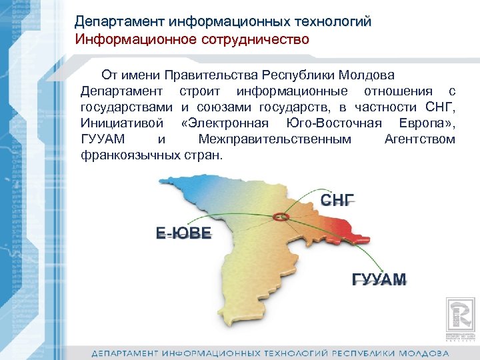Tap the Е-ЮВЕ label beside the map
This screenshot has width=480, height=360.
coord(183,233)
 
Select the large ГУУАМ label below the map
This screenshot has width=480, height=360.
coord(379,279)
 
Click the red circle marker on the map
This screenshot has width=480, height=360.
coord(281,217)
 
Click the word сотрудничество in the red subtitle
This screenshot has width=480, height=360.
coord(258,39)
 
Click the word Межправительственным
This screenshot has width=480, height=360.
coord(275,139)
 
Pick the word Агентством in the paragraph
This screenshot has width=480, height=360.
coord(420,139)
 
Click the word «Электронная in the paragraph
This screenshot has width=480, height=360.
coord(224,123)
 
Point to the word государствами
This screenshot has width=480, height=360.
coord(127,107)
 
